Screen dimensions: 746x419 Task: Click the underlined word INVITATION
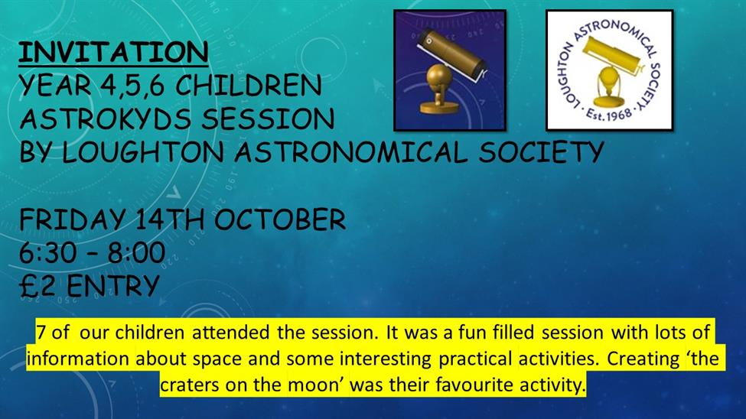(x=113, y=52)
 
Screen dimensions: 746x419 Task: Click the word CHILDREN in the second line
(x=249, y=86)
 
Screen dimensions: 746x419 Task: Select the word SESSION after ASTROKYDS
(x=268, y=119)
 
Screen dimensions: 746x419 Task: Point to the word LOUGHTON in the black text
(x=143, y=152)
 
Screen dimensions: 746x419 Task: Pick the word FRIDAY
(x=72, y=219)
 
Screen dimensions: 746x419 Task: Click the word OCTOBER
(x=280, y=219)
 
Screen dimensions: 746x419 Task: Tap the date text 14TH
(x=170, y=219)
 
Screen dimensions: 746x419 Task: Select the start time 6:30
(x=47, y=252)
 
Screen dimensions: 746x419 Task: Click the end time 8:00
(x=136, y=252)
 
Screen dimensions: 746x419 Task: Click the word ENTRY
(x=112, y=286)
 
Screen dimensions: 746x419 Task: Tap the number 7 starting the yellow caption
(x=41, y=332)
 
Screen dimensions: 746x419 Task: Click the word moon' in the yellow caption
(x=316, y=385)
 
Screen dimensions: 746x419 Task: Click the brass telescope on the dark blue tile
(x=449, y=71)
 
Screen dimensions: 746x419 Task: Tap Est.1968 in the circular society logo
(x=608, y=115)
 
